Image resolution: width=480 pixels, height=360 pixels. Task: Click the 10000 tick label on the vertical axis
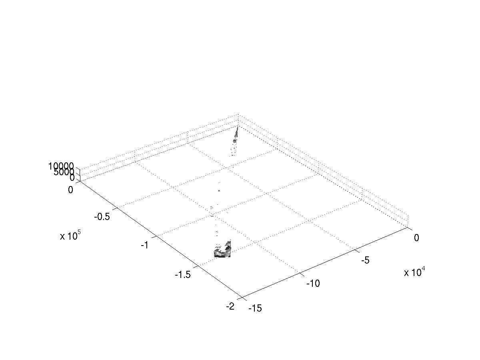61,166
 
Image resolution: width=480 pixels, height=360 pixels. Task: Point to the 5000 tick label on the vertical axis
64,172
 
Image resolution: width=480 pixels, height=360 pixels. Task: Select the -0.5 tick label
102,217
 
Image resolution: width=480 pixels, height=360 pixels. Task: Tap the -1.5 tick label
183,274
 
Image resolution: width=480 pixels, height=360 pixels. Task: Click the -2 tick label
230,306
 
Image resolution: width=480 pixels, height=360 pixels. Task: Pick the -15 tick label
255,308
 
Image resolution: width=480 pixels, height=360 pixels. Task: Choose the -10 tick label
313,284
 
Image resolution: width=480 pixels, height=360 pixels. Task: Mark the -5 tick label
366,260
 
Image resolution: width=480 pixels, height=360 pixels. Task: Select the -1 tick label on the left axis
145,245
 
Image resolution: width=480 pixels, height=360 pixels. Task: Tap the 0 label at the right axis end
416,238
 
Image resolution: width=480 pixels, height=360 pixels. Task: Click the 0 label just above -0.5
70,190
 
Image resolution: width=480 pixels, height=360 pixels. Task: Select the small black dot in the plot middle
219,191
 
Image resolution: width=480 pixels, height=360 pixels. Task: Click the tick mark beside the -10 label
302,274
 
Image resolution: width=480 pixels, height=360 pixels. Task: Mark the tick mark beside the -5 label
357,251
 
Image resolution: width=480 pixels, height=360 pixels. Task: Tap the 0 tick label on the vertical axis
72,178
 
